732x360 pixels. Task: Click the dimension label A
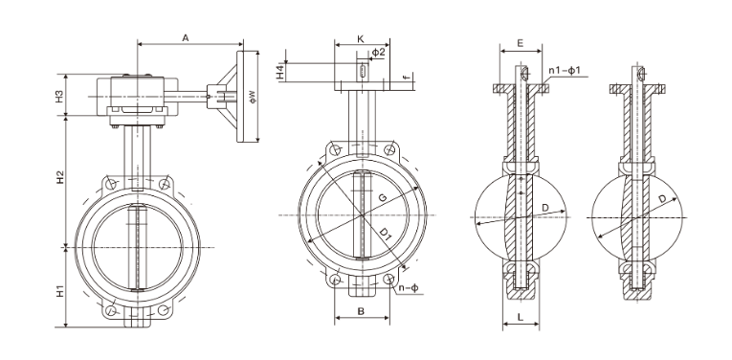[186, 38]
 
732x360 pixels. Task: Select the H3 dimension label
[59, 96]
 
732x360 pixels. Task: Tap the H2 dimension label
[60, 177]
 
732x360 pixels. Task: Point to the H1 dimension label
[60, 290]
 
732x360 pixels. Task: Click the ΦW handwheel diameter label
[253, 96]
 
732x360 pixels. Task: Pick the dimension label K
[361, 38]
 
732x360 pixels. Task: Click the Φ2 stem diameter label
[379, 52]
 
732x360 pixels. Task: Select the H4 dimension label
[280, 72]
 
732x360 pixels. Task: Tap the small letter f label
[407, 77]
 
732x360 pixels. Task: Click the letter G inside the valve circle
[382, 197]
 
